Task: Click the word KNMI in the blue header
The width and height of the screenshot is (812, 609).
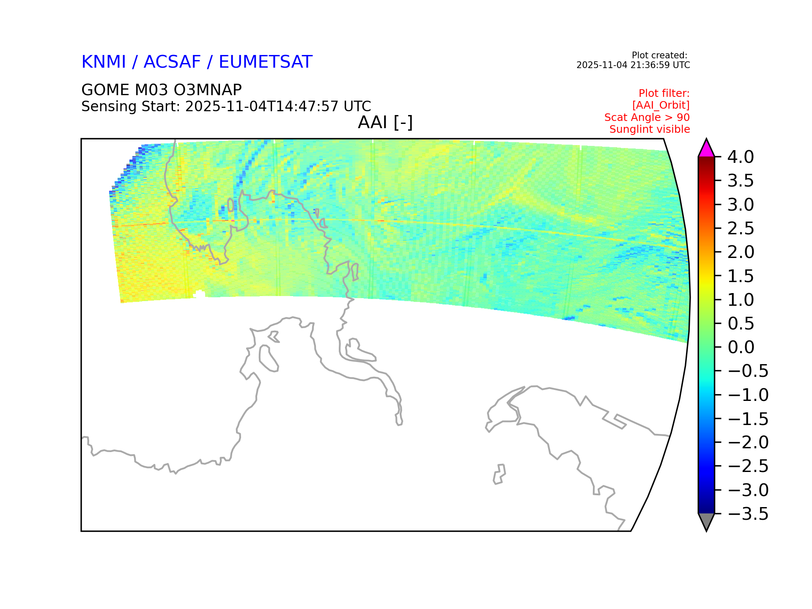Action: [104, 62]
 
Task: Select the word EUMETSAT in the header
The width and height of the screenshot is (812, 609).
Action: [266, 62]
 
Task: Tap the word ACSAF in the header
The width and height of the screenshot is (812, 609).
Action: [172, 62]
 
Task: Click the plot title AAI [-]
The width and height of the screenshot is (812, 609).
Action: [385, 123]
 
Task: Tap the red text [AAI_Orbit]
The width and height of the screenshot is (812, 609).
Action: [661, 105]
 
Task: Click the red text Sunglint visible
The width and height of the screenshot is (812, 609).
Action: [650, 129]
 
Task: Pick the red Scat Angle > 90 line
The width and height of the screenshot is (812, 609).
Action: [647, 117]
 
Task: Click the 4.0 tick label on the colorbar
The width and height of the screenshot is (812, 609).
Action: [741, 157]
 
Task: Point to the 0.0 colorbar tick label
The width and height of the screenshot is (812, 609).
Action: [741, 347]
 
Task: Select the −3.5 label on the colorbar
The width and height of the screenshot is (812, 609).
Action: [748, 514]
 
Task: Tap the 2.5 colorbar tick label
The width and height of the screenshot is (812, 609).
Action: [741, 228]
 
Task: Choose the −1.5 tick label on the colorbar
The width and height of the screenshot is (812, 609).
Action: [748, 419]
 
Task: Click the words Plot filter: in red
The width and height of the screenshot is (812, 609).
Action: [664, 93]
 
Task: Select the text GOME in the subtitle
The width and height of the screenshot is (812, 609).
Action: [105, 90]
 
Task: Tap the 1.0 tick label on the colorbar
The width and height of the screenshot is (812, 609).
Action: [741, 300]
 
